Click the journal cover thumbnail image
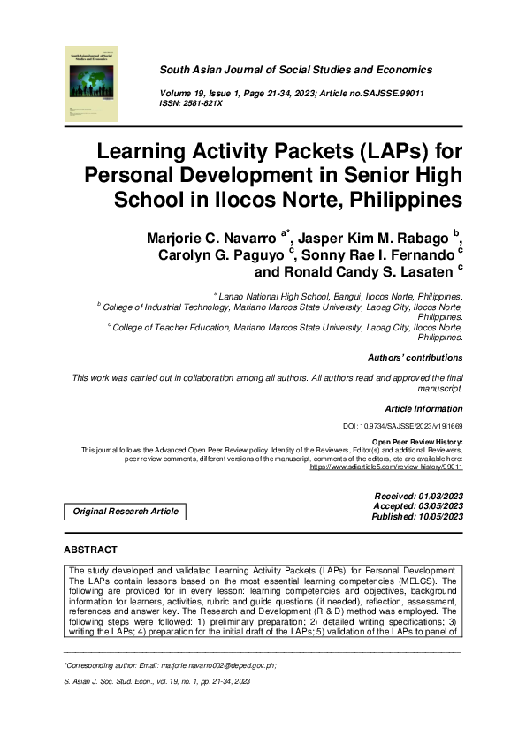tap(93, 84)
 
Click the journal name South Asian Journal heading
tap(295, 70)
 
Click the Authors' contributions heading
tap(415, 358)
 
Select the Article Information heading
tap(423, 409)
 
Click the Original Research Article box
tap(125, 512)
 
